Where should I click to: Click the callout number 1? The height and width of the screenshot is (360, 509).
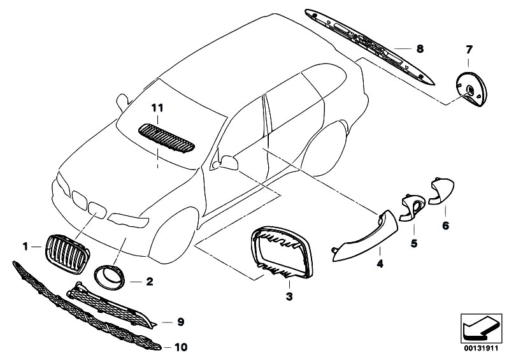point(25,247)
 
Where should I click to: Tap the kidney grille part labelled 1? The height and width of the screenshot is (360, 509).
point(68,254)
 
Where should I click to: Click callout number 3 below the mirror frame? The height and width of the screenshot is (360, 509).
point(289,296)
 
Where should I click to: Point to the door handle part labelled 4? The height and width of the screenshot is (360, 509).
point(364,238)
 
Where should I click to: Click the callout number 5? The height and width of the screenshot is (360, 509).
point(414,243)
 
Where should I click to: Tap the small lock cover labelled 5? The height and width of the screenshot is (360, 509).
point(411,208)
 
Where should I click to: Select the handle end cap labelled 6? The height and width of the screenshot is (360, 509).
point(441,192)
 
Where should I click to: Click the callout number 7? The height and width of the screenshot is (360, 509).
point(469,50)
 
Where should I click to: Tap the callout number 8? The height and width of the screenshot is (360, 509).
point(420,48)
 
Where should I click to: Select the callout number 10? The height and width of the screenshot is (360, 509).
point(181,347)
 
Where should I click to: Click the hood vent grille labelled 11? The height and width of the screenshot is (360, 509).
point(166,138)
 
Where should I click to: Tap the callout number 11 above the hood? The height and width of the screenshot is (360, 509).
point(157,108)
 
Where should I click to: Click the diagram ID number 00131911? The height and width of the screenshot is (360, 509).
point(481,349)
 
